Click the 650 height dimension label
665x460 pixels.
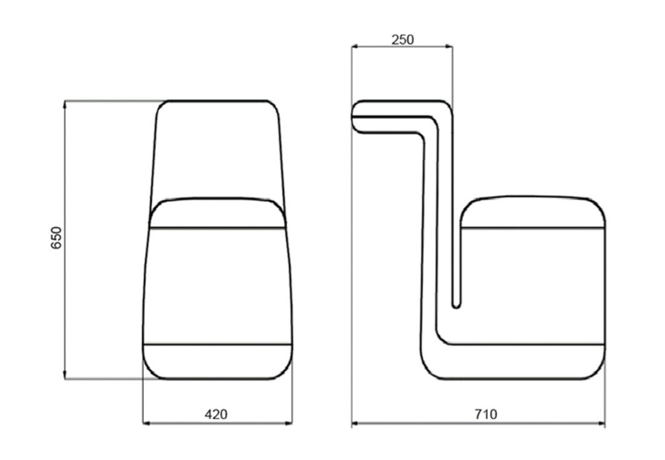click(56, 238)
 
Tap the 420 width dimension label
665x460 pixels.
click(216, 414)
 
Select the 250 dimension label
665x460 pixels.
click(403, 39)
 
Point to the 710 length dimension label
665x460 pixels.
click(485, 414)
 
